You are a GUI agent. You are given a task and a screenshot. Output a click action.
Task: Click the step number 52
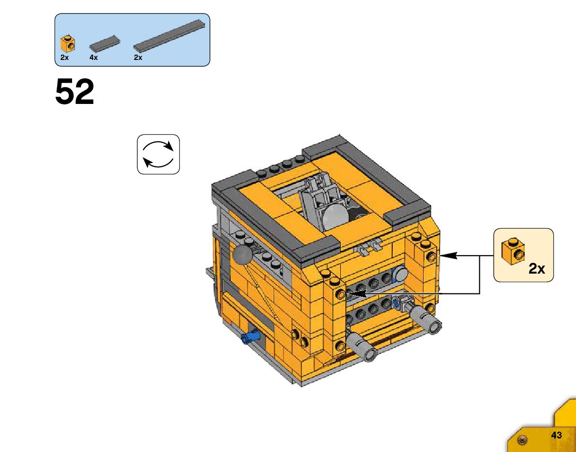[x=74, y=92]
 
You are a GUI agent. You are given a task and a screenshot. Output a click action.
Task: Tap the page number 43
[x=556, y=435]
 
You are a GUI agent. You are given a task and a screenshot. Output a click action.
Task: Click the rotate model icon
[x=158, y=154]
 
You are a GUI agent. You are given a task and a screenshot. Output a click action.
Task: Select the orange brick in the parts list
[x=67, y=44]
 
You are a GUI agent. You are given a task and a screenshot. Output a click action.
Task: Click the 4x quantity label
[x=93, y=58]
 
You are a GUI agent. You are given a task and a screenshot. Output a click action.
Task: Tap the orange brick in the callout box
[x=513, y=251]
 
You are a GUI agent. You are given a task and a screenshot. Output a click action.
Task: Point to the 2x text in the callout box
[x=536, y=269]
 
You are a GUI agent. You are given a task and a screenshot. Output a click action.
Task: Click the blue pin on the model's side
[x=250, y=336]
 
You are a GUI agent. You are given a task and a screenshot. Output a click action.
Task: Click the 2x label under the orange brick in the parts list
[x=64, y=58]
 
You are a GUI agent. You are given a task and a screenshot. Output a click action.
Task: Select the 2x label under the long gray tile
[x=138, y=58]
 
